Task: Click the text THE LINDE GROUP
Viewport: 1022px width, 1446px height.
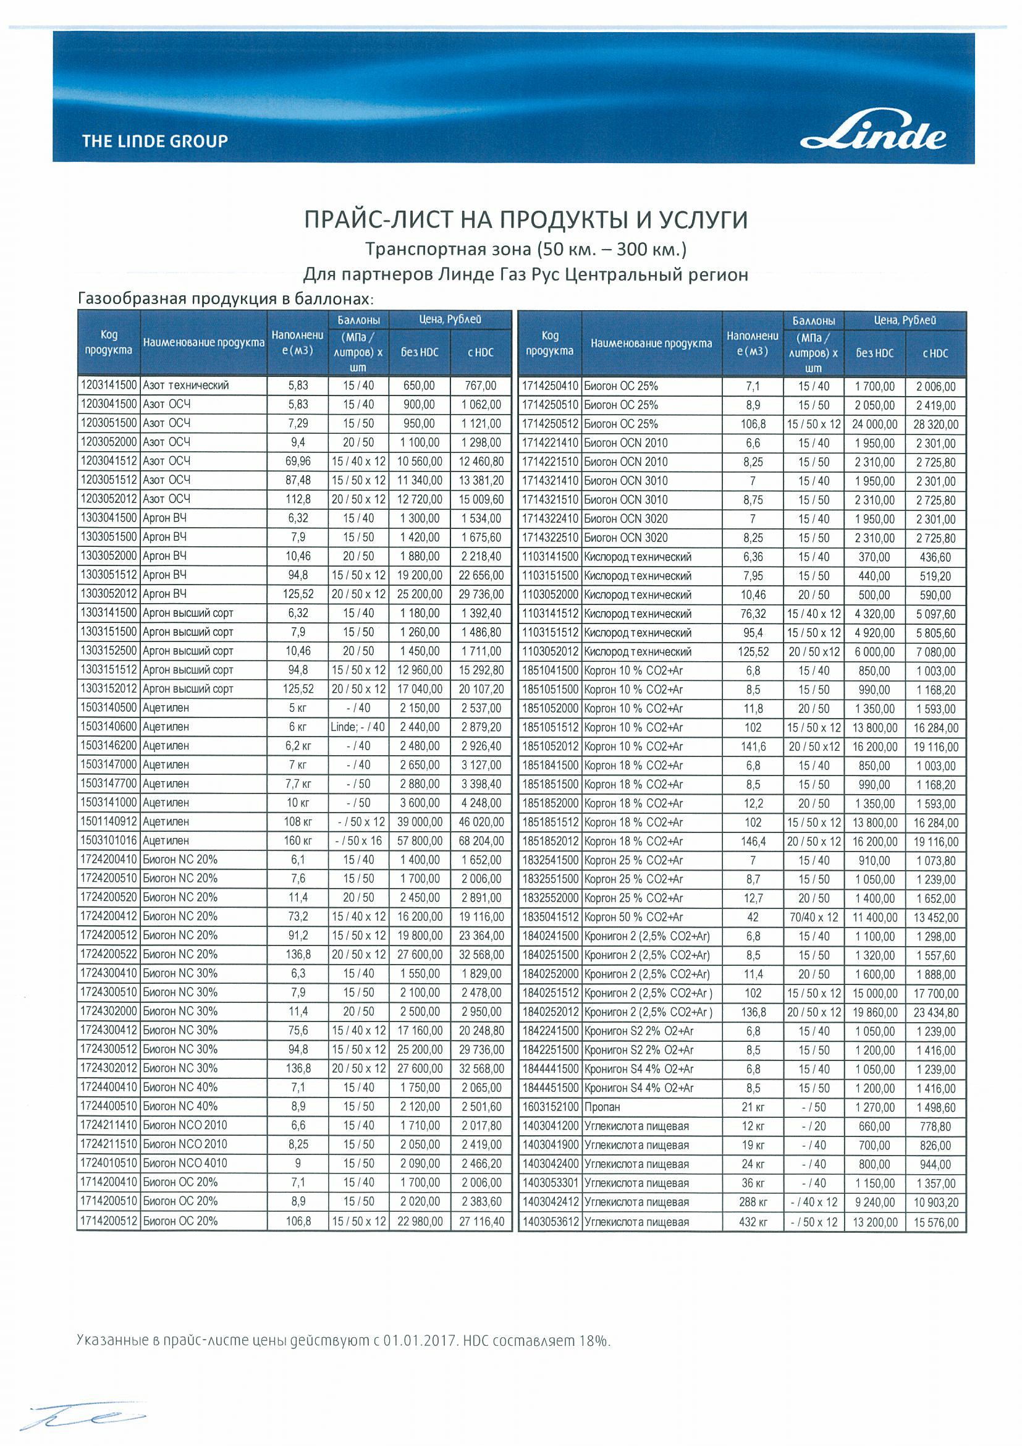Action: [155, 141]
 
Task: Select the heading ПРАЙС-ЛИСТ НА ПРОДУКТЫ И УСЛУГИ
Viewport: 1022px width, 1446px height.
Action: [526, 220]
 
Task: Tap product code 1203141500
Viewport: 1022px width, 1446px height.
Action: [108, 385]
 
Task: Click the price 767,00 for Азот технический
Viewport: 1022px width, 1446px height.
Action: [482, 386]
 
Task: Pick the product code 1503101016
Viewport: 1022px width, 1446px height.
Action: [108, 840]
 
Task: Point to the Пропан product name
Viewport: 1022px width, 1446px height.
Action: [602, 1107]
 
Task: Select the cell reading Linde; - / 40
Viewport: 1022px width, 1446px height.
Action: [358, 727]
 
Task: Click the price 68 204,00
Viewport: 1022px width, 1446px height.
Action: [482, 841]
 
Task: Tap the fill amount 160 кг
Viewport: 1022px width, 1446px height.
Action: [298, 841]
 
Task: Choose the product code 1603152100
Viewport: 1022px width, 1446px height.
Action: [550, 1107]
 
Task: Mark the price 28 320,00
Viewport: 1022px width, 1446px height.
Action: [935, 425]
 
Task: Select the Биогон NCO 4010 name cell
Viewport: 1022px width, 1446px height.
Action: [185, 1163]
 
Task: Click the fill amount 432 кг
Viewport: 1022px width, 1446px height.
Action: [753, 1222]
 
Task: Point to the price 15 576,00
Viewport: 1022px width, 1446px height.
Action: [935, 1222]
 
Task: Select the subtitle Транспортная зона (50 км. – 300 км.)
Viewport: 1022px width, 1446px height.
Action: [526, 250]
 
